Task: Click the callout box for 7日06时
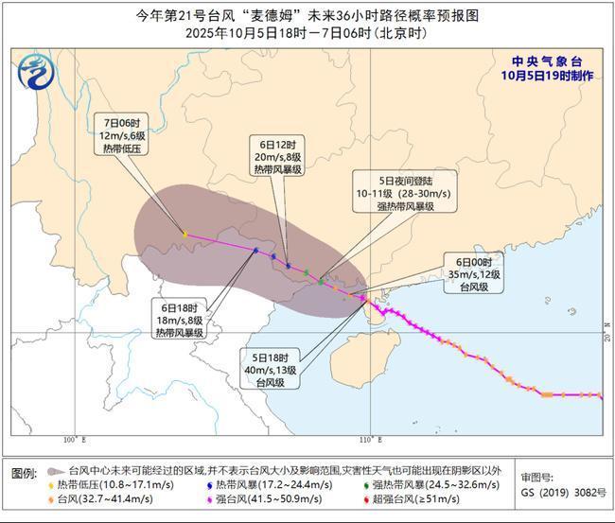click(123, 136)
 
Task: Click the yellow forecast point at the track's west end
click(184, 234)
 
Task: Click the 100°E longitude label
click(75, 441)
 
